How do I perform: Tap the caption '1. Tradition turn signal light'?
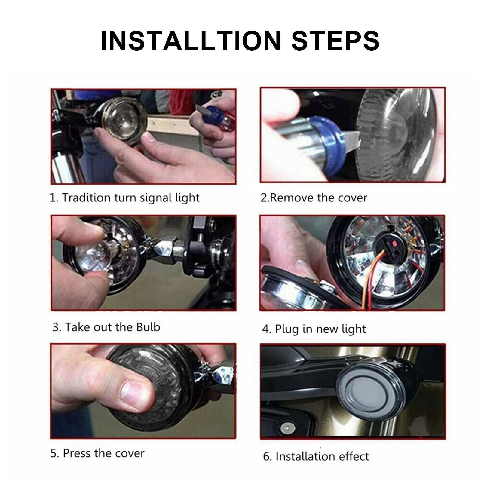coord(124,198)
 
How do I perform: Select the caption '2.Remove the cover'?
coord(314,198)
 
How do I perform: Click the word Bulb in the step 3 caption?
coord(148,327)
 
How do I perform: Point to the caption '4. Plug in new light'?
coord(314,329)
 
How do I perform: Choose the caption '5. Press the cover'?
coord(97,453)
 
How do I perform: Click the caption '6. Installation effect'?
coord(316,456)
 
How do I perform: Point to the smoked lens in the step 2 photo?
coord(403,135)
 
